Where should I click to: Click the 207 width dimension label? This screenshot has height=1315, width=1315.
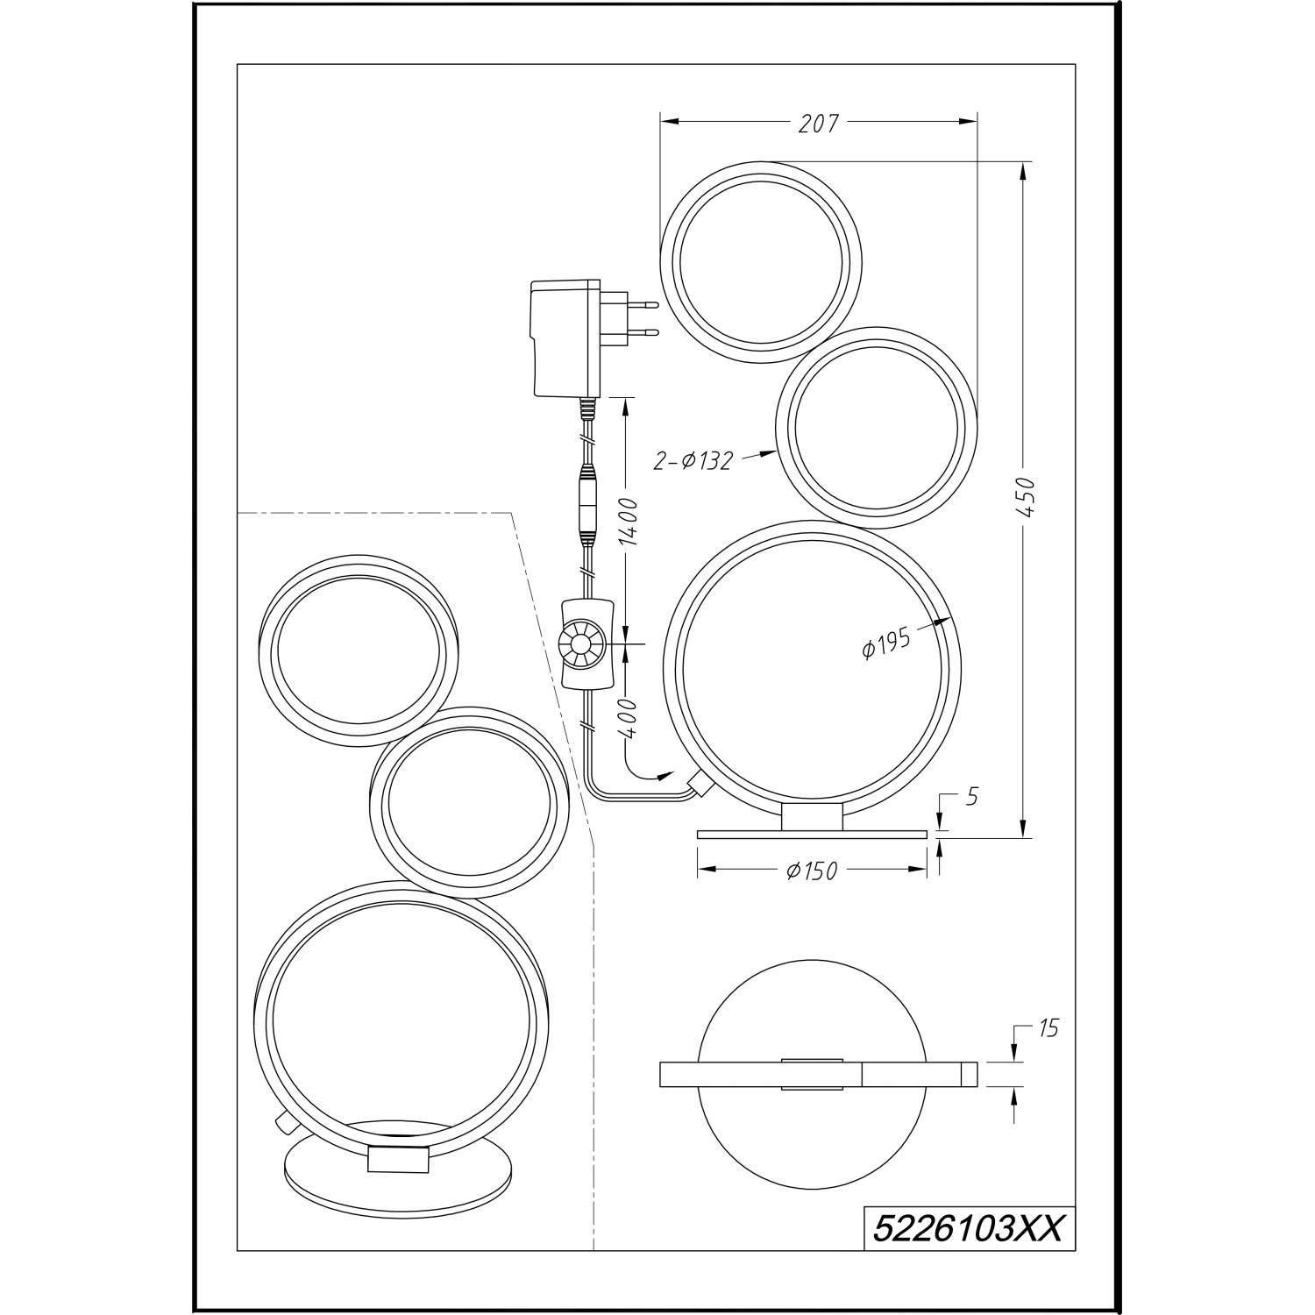818,124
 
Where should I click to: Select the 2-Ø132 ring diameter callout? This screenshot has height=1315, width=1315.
692,459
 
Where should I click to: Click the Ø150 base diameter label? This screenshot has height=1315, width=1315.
812,871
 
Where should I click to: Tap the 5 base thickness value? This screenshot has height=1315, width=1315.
971,796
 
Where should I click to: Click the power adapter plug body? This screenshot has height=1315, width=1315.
565,338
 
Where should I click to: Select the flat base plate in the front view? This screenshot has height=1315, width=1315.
812,834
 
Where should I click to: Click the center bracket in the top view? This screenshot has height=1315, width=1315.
812,1074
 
